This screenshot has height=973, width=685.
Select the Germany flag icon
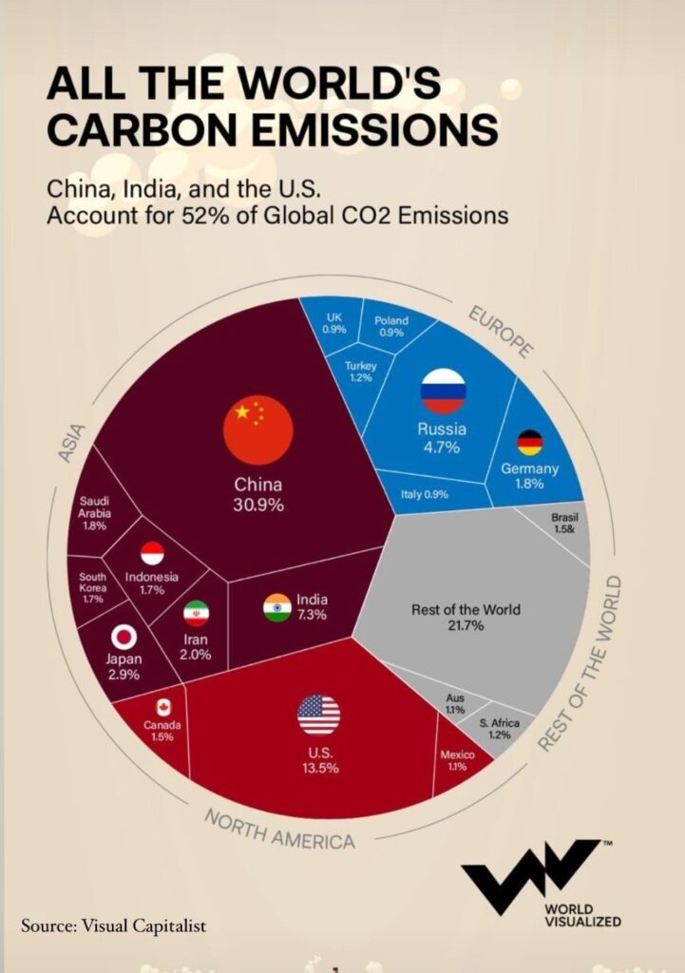529,443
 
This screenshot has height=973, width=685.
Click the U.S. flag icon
318,715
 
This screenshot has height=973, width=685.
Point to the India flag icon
276,607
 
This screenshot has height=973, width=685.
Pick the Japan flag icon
124,637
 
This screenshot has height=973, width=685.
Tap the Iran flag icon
196,613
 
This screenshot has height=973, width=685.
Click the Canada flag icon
162,708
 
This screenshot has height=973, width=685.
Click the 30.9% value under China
257,505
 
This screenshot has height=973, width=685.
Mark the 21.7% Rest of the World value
466,626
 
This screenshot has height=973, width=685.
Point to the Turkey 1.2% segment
361,372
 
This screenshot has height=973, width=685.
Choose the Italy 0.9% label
424,494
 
